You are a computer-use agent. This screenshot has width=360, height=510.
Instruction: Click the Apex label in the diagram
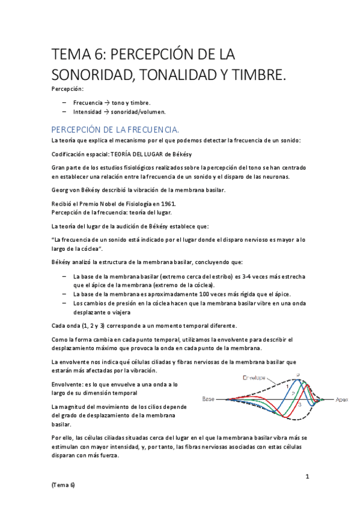pos(341,399)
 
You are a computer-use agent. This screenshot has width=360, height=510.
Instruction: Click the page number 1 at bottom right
pos(307,476)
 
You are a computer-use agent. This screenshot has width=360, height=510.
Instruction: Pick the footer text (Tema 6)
pos(64,484)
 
